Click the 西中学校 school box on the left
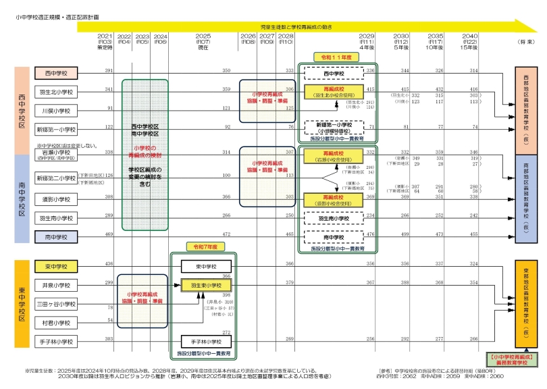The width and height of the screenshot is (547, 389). pos(57,72)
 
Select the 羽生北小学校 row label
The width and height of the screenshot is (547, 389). pos(57,91)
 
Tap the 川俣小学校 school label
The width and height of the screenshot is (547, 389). pos(57,110)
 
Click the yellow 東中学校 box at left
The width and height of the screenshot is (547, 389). pos(57,265)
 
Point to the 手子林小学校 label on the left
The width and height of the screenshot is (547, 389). pos(57,342)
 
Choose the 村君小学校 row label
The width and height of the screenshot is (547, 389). pos(57,323)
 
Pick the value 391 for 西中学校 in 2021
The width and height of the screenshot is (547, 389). pos(109,70)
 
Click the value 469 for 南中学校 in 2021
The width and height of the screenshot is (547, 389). pos(109,234)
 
